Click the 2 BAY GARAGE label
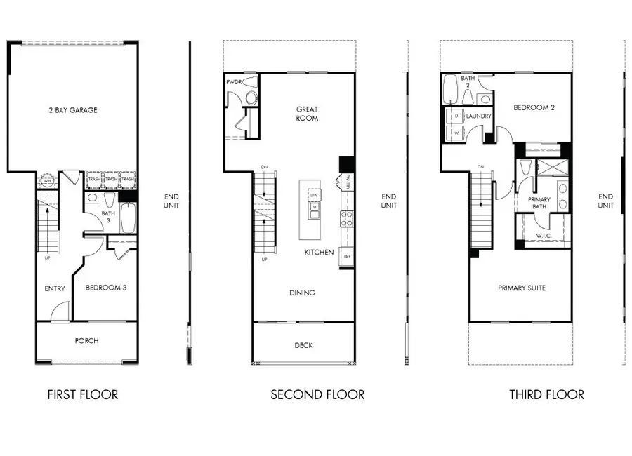click(73, 110)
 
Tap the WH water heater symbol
click(48, 180)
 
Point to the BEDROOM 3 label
click(106, 288)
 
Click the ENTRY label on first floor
click(55, 288)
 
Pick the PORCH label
click(86, 342)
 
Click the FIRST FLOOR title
click(82, 395)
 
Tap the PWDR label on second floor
click(234, 82)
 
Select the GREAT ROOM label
click(307, 114)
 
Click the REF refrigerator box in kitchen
click(346, 257)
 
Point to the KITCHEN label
click(319, 252)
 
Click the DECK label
click(303, 345)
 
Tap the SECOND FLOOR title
click(317, 395)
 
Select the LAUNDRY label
click(478, 116)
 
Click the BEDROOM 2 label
click(534, 108)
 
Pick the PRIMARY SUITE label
click(522, 288)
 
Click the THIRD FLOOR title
click(546, 395)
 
